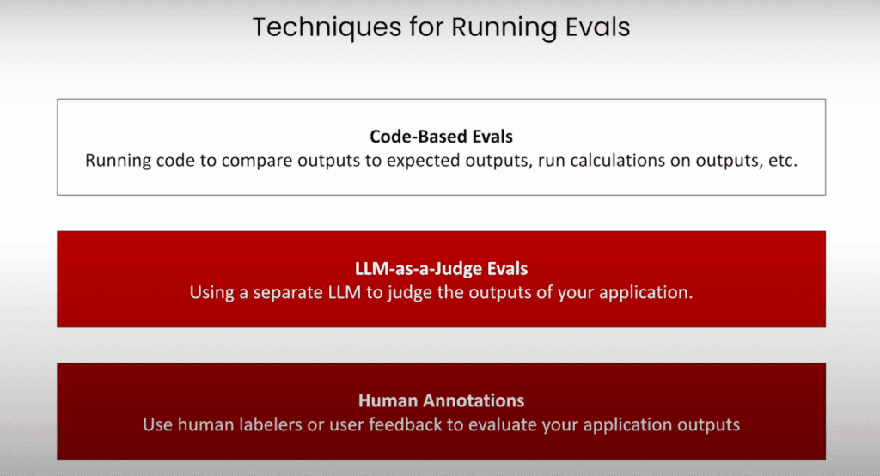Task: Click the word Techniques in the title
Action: point(327,27)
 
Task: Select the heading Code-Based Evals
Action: point(441,137)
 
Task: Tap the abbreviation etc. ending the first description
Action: point(782,161)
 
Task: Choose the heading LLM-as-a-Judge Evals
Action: point(441,268)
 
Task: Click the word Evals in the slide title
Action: point(598,27)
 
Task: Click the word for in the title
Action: point(426,27)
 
